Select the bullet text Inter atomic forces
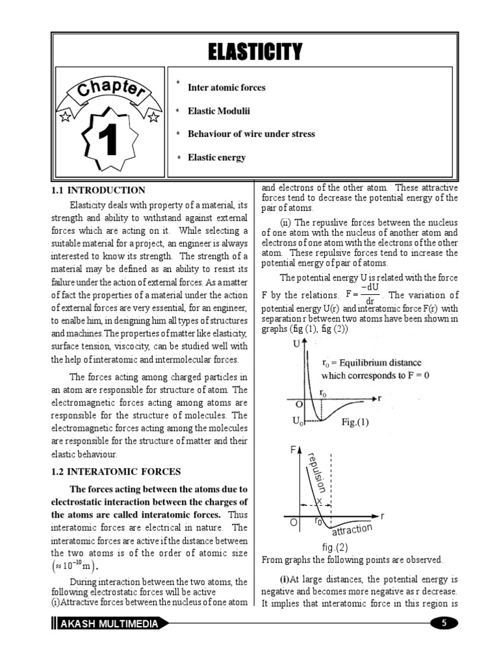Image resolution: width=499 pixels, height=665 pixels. [226, 88]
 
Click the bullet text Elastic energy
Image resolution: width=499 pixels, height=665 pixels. [217, 158]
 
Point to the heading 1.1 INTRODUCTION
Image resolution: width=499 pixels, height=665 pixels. [99, 191]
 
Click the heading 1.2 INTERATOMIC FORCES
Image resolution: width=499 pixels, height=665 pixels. [116, 471]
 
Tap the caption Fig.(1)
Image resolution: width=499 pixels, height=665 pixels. [355, 422]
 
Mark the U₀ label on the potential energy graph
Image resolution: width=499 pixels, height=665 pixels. [298, 422]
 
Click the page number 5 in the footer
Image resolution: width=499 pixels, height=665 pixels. [444, 623]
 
